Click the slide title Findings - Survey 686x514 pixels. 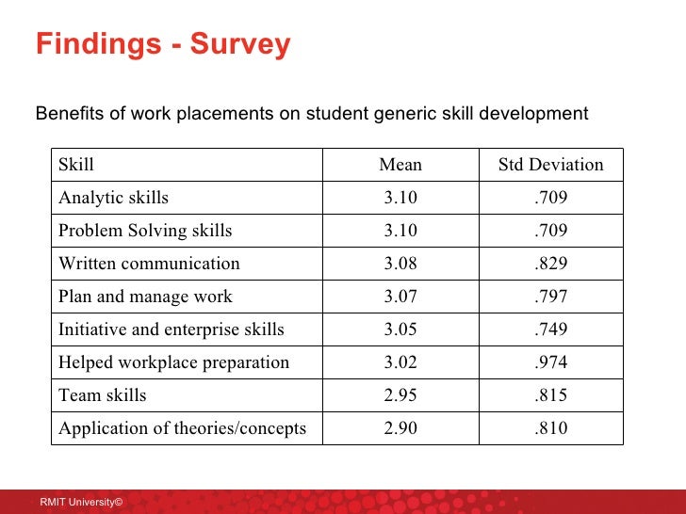(x=163, y=45)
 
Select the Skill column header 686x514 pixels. (x=76, y=165)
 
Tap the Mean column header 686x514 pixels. (x=400, y=165)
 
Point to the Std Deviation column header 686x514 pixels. (x=550, y=165)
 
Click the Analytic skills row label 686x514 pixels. (x=113, y=198)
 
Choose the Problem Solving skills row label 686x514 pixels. (x=145, y=231)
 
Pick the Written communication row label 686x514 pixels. (x=149, y=264)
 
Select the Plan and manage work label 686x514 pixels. (x=145, y=297)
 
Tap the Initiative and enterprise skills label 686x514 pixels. (x=171, y=329)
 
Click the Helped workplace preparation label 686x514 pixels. (x=173, y=362)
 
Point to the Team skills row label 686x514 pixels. (x=103, y=395)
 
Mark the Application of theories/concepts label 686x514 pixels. (x=182, y=428)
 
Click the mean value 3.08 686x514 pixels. (x=400, y=264)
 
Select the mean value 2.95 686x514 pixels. (x=400, y=395)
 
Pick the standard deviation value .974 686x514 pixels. (x=550, y=362)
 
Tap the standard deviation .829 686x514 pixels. (x=550, y=264)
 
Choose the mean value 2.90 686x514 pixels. (x=400, y=428)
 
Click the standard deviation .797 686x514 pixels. (x=550, y=297)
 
